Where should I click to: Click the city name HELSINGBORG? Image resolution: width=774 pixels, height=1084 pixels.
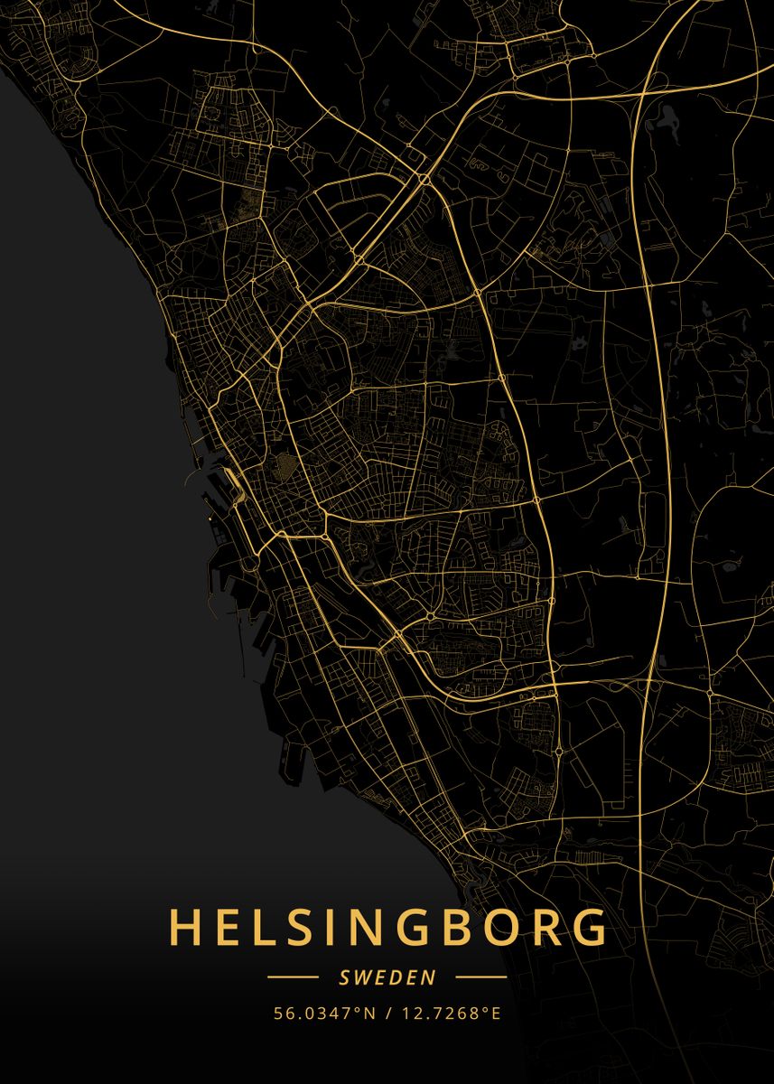point(387,928)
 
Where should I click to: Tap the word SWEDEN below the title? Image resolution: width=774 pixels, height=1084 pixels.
point(387,977)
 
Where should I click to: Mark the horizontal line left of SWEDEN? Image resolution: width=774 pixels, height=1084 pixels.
point(293,977)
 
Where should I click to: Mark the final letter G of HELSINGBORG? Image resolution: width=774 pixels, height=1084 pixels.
point(586,928)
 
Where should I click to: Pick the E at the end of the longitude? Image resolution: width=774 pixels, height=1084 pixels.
point(495,1013)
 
